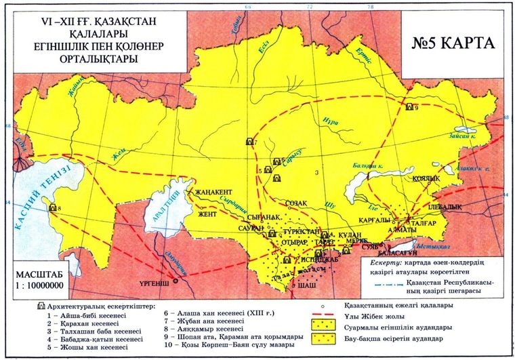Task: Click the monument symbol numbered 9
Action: point(409,107)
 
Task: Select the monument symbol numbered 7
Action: point(249,142)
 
